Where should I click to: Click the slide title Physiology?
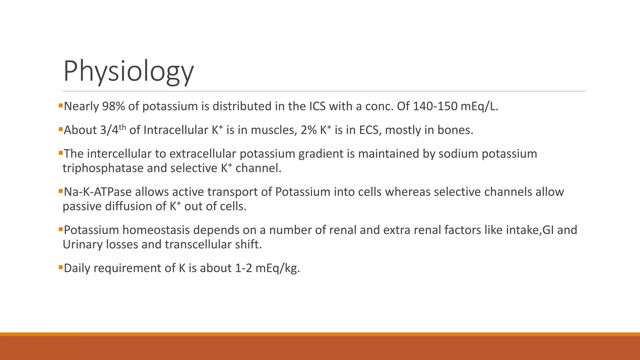tap(128, 71)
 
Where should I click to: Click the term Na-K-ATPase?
tap(97, 192)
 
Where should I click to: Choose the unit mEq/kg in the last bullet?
tap(277, 268)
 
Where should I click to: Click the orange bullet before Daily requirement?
tap(61, 267)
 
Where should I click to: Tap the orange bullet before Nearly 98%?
tap(61, 106)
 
